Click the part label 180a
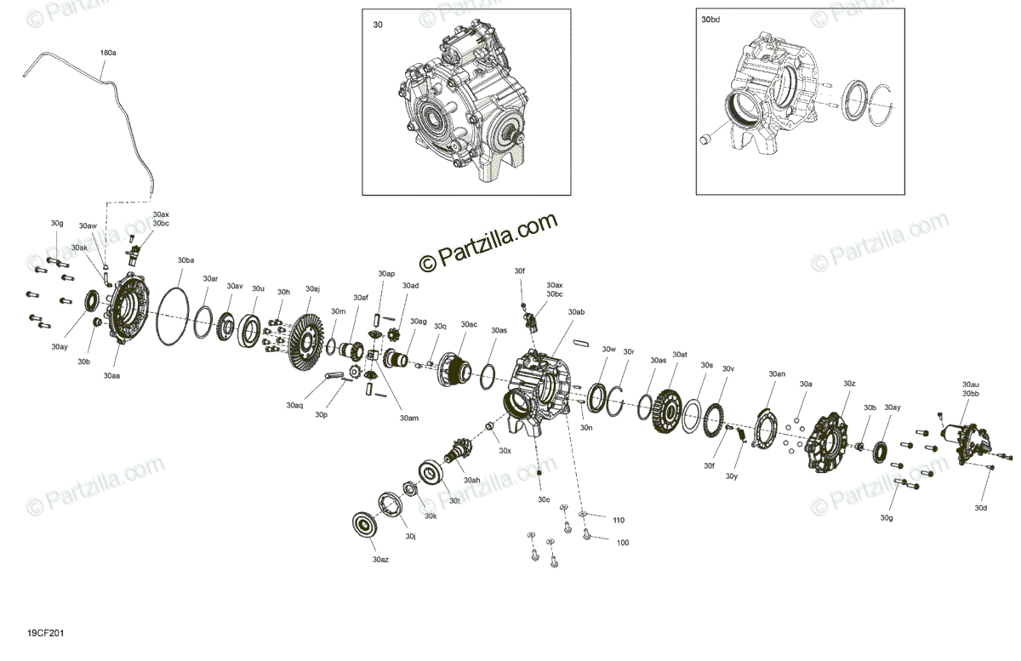pyautogui.click(x=108, y=53)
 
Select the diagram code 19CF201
pyautogui.click(x=46, y=633)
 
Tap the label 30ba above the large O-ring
pyautogui.click(x=185, y=260)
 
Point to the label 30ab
pyautogui.click(x=576, y=312)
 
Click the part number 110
pyautogui.click(x=619, y=520)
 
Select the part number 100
pyautogui.click(x=623, y=543)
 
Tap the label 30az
pyautogui.click(x=380, y=560)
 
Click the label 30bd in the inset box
pyautogui.click(x=710, y=20)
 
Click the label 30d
pyautogui.click(x=981, y=508)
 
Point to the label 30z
pyautogui.click(x=850, y=384)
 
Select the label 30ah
pyautogui.click(x=471, y=480)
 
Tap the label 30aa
pyautogui.click(x=111, y=376)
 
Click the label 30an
pyautogui.click(x=777, y=373)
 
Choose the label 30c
pyautogui.click(x=544, y=499)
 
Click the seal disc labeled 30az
pyautogui.click(x=365, y=525)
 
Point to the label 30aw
pyautogui.click(x=88, y=225)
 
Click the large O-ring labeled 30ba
pyautogui.click(x=172, y=316)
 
